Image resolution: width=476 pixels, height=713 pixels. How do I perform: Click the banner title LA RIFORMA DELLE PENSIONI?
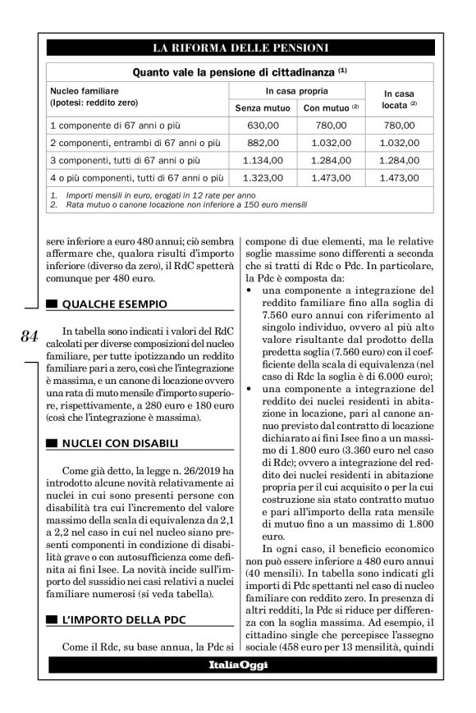[x=238, y=47]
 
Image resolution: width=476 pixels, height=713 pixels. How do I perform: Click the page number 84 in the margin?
[x=29, y=336]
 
